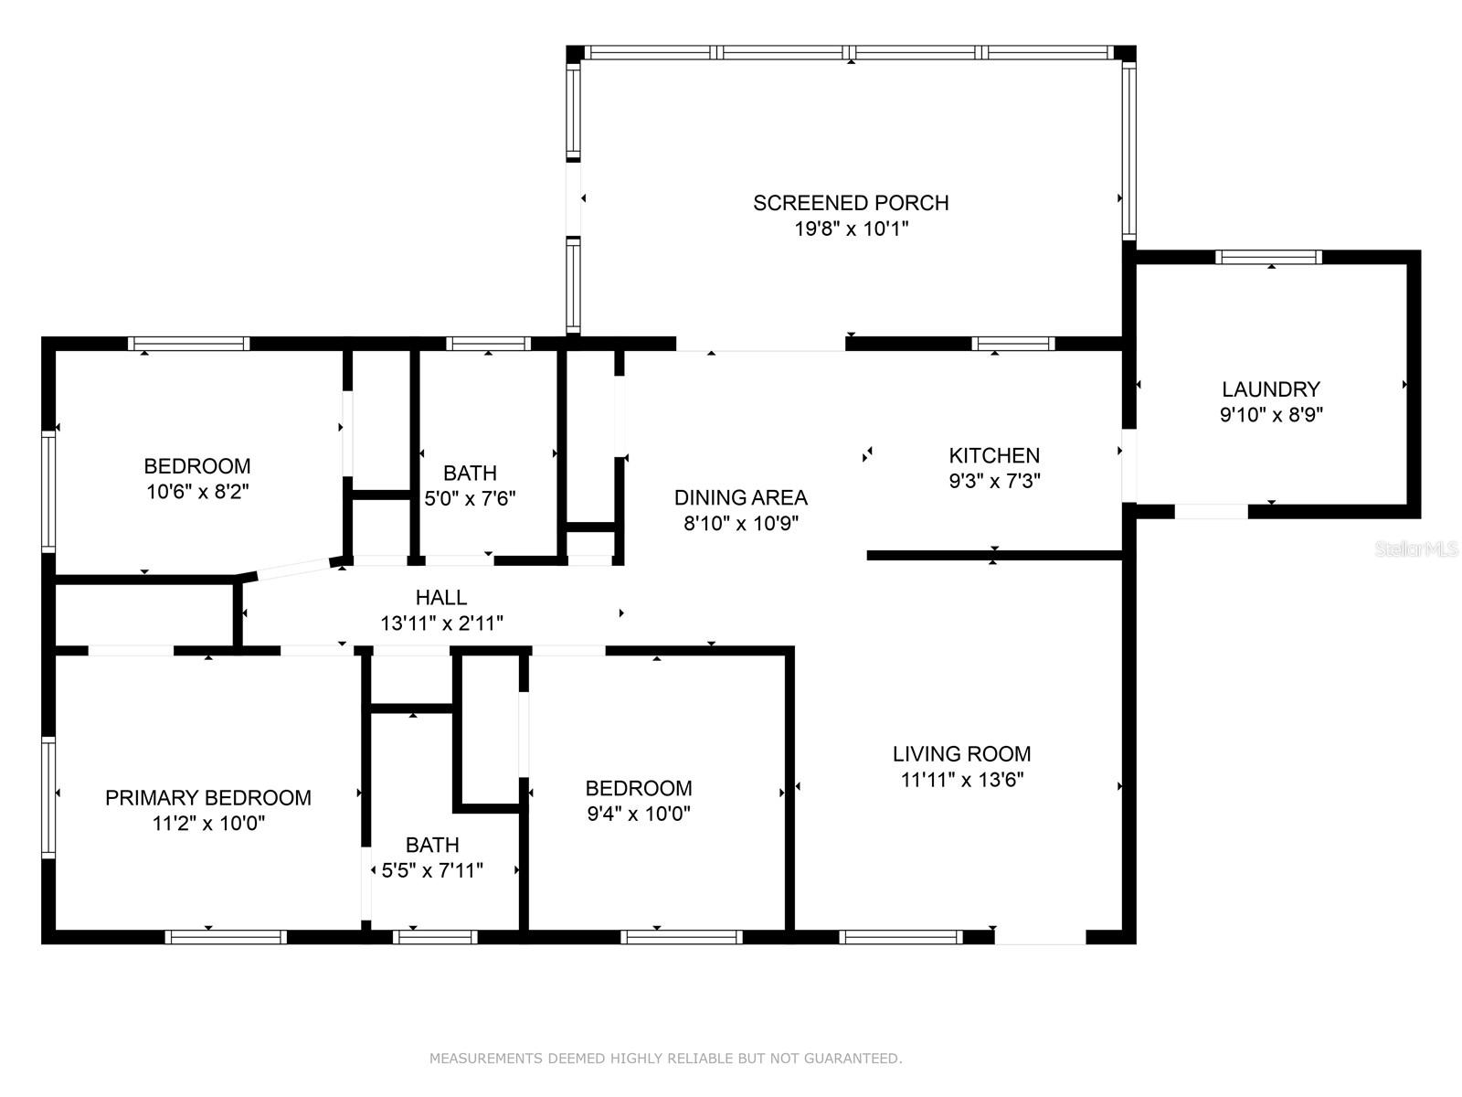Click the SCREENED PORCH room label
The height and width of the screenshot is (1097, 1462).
pos(851,202)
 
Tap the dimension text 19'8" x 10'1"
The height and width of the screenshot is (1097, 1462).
pos(852,229)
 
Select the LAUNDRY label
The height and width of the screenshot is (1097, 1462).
pos(1271,389)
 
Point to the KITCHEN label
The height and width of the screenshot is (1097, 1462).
pos(994,455)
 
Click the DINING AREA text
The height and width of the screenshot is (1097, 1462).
pos(741,497)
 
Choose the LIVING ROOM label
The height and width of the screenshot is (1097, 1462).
pos(962,754)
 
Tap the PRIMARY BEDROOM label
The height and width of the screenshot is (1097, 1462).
pos(207,798)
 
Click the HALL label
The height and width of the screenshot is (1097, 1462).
pos(441,598)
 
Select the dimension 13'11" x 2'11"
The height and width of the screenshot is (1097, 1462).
pos(441,623)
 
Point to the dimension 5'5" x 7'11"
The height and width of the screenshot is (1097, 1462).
pos(432,870)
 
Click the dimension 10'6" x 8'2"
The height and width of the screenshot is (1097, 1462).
pos(197,492)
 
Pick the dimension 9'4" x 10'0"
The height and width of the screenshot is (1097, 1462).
pos(639,814)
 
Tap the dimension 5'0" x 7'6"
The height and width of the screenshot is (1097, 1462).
pos(471,498)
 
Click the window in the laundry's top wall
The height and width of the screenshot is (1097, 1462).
pos(1269,257)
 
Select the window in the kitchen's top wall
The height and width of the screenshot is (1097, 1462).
pos(1013,344)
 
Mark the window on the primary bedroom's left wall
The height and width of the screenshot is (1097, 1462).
pos(48,797)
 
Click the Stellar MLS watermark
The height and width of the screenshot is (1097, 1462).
pos(1416,548)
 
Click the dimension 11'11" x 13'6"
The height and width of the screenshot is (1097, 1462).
pos(962,779)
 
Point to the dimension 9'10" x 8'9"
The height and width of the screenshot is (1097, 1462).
pos(1271,415)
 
